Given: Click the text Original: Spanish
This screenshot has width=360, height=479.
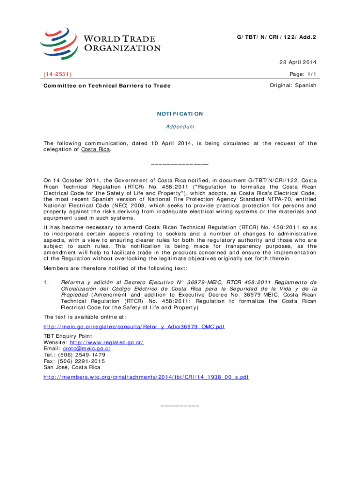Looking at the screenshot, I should [x=293, y=85].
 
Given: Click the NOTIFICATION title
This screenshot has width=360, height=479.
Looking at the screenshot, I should [x=180, y=113].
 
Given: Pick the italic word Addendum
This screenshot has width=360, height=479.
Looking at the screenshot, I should [x=180, y=127].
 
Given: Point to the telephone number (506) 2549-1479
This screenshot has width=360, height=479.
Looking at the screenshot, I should [x=80, y=355].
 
